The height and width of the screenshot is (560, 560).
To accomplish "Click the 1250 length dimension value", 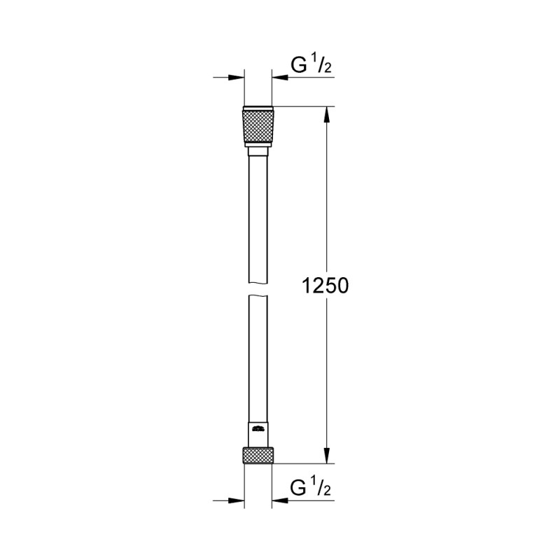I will click(325, 286).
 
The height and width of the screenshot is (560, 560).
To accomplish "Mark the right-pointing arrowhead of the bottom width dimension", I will click(237, 500).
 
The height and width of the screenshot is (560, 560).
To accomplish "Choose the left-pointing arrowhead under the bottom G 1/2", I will click(281, 500).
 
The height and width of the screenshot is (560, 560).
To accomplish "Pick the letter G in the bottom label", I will click(297, 487).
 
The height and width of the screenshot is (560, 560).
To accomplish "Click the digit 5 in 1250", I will click(332, 286).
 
